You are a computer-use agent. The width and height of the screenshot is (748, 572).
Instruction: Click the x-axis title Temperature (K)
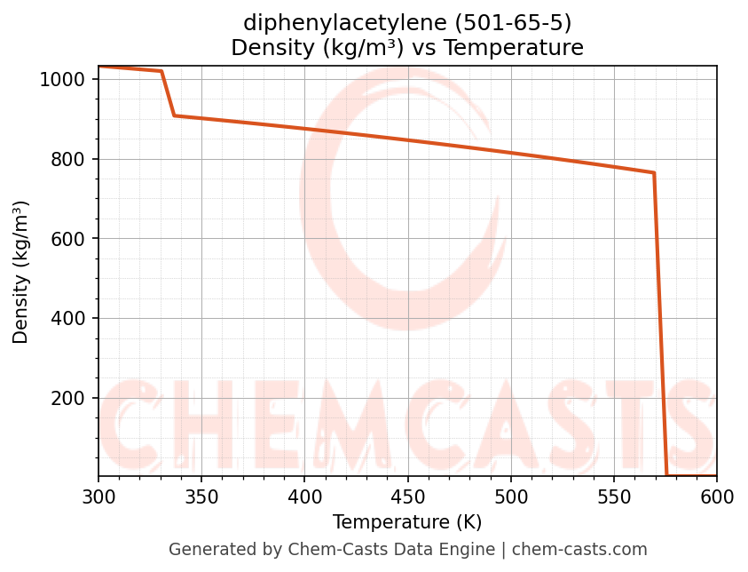pyautogui.click(x=407, y=522)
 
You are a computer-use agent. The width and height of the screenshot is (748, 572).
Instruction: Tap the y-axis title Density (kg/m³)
pyautogui.click(x=21, y=272)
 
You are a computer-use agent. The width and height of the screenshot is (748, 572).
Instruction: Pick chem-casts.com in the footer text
pyautogui.click(x=579, y=550)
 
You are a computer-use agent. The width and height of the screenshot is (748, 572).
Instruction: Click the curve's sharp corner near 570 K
pyautogui.click(x=654, y=173)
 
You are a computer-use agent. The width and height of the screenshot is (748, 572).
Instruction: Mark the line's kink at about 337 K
pyautogui.click(x=175, y=115)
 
